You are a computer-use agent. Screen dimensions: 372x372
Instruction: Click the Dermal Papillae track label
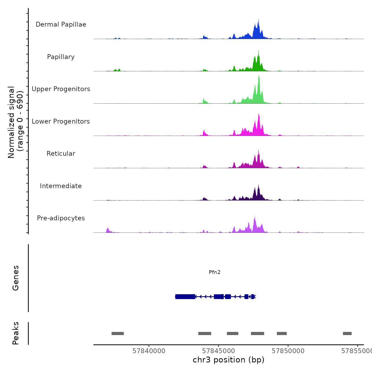[61, 24]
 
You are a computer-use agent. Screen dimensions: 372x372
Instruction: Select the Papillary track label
[61, 57]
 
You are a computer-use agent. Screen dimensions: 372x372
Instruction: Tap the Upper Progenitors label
[61, 89]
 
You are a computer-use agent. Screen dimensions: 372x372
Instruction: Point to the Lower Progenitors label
[61, 121]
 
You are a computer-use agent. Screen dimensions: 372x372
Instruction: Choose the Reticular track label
[61, 154]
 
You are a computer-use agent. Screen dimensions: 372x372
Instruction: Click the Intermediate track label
[61, 186]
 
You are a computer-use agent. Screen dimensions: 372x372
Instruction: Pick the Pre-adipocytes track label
[61, 218]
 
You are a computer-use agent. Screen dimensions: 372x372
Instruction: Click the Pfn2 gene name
[214, 272]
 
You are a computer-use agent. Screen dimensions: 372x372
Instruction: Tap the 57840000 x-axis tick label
[149, 351]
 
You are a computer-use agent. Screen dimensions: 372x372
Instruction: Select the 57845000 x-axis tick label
[218, 351]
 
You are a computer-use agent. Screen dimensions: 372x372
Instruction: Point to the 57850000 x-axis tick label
[288, 351]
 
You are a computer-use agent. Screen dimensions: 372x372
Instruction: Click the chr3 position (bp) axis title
[229, 360]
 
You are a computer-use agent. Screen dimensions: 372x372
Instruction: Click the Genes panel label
[16, 278]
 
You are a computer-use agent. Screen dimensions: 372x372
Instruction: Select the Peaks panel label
[16, 333]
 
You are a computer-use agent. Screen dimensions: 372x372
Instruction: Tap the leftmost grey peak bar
[117, 333]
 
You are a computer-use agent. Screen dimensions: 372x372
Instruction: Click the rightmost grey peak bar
[347, 333]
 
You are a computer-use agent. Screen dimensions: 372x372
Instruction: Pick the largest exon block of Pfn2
[185, 297]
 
